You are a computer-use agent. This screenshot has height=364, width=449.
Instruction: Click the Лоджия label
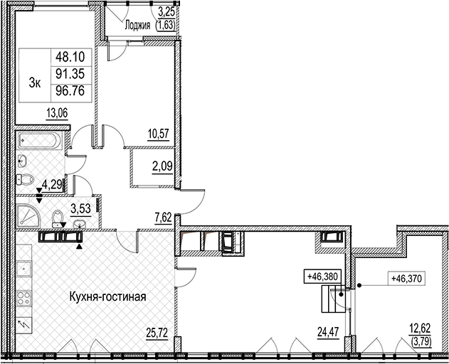pos(137,26)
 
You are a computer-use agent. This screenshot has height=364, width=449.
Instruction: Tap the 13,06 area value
pos(57,114)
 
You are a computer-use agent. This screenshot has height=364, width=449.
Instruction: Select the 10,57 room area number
pos(159,133)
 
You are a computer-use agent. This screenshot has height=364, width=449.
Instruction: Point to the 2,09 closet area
pos(163,166)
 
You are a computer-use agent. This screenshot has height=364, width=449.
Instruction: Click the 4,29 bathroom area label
pos(52,185)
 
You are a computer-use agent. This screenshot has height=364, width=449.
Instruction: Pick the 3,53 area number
pos(80,208)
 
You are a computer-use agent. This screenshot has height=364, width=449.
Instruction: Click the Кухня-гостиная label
pos(108,296)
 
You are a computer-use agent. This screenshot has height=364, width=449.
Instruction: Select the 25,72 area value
pos(157,333)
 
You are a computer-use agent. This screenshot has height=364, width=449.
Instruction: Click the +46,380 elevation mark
pos(322,277)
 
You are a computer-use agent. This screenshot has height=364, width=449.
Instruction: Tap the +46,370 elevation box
pos(406,278)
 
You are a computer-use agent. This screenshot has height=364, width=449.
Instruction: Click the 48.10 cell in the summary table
pos(70,58)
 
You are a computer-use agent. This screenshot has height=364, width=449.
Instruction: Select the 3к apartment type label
pos(35,83)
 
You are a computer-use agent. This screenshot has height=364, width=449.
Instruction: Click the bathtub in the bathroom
pos(39,140)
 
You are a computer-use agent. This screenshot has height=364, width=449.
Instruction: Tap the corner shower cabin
pos(28,216)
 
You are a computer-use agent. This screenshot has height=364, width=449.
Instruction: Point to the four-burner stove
pos(23,298)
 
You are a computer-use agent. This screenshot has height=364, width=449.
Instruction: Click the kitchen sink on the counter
pos(23,269)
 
